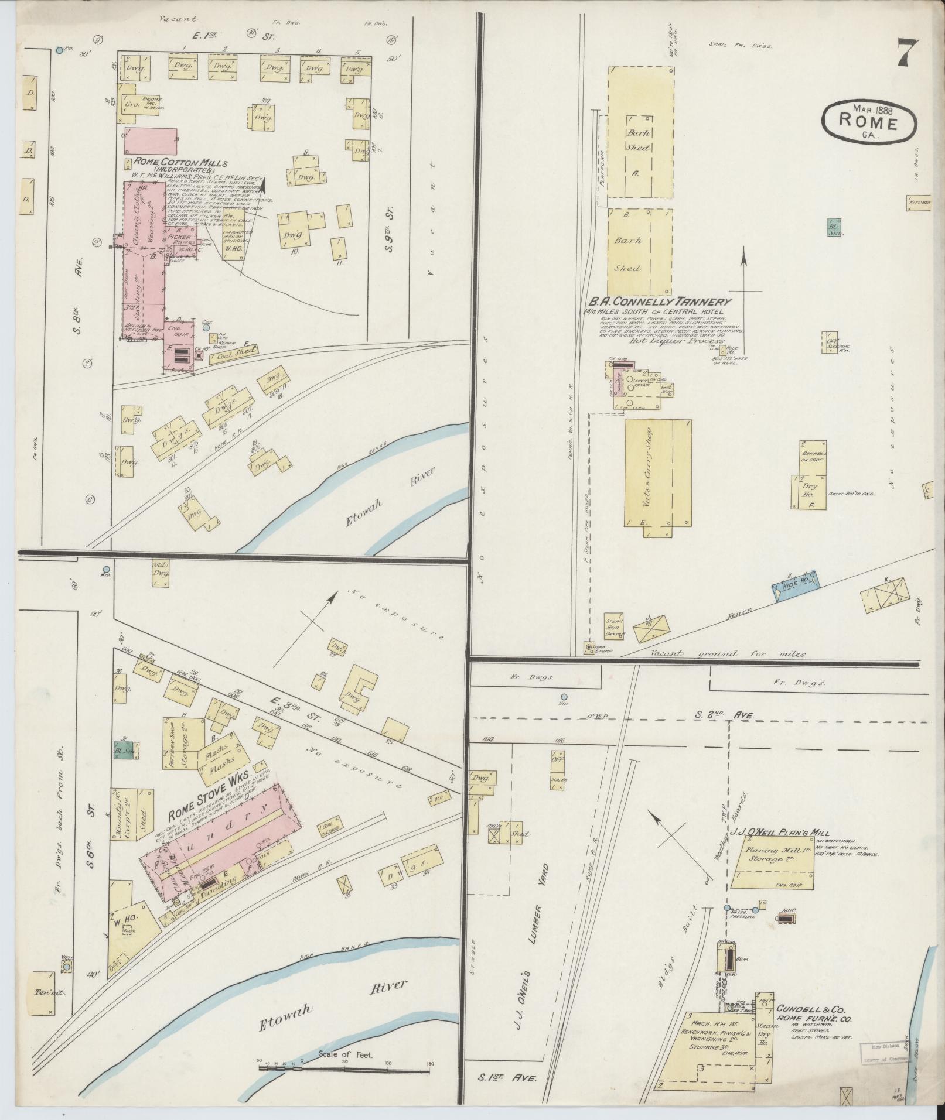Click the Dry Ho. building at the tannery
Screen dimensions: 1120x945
pyautogui.click(x=808, y=491)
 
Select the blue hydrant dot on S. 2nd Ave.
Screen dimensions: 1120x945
pyautogui.click(x=564, y=697)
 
